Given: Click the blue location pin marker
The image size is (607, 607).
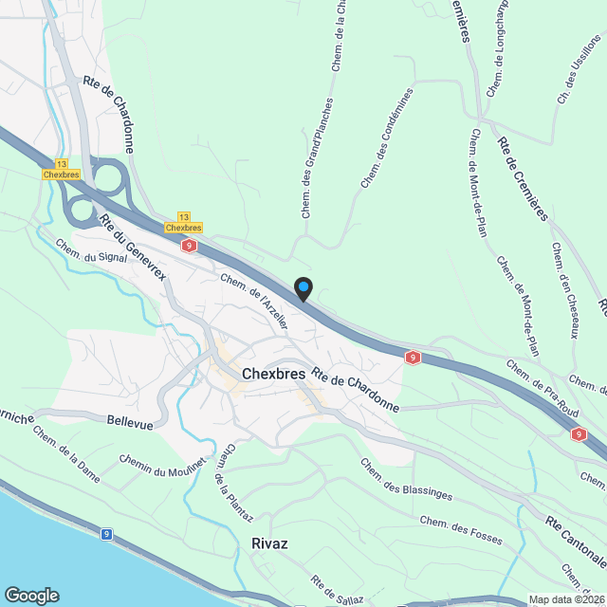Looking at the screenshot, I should (x=303, y=288).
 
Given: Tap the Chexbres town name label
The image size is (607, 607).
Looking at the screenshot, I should (x=273, y=374).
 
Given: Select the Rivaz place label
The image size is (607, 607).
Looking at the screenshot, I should (x=270, y=543).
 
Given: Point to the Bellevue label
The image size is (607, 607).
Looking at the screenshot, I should (x=130, y=423).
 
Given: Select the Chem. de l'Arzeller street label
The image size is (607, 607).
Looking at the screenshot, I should (x=253, y=300).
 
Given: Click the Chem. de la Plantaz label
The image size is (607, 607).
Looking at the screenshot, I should (x=233, y=485).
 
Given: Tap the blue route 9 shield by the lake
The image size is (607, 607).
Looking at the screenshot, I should (x=107, y=535).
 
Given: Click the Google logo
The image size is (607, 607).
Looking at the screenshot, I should (x=31, y=595).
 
